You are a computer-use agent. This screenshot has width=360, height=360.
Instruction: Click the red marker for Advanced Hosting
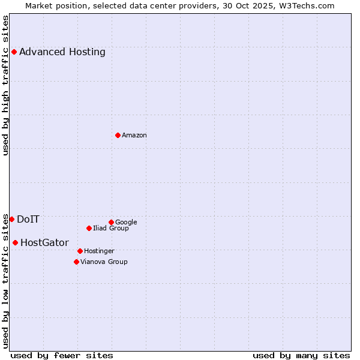point(14,52)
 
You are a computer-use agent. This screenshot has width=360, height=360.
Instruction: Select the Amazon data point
point(118,135)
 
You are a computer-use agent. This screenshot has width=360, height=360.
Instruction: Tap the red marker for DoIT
point(11,219)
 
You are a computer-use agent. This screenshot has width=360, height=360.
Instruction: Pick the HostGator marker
point(15,242)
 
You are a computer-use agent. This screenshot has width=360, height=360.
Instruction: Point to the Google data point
point(111,222)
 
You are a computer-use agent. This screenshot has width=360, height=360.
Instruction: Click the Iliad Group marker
point(89,228)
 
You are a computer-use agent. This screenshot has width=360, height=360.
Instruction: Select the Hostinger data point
point(80,251)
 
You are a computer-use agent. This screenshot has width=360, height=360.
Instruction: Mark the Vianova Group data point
point(76,262)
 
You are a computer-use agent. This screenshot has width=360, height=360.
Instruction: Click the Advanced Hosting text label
point(62,52)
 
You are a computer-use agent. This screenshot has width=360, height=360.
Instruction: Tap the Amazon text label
point(134,136)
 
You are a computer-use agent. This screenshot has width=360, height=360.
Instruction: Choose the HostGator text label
point(44,243)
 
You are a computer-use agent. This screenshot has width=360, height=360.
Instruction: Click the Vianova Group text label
point(104,262)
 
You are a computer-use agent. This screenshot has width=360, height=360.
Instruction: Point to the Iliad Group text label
point(111,228)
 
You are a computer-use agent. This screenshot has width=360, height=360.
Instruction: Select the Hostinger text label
point(99,251)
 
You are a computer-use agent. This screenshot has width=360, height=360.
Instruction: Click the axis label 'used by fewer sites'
point(62,355)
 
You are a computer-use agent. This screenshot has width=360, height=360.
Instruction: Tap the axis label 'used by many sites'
point(301,355)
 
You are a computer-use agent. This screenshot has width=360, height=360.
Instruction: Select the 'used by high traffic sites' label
point(6,85)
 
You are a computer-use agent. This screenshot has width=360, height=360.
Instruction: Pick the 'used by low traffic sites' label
point(6,281)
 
